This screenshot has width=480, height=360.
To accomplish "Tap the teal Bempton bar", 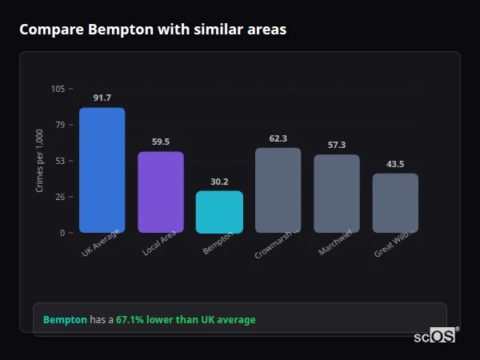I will point(219,212).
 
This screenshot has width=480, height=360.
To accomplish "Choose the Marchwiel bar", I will point(336,194).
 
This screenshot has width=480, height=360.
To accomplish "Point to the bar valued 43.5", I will point(395,203).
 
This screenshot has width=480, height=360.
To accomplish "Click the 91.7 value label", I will point(102,98).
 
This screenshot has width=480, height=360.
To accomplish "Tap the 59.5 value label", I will point(160,142).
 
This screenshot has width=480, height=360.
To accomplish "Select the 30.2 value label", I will point(219,182).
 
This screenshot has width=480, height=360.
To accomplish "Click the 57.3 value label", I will point(336,145).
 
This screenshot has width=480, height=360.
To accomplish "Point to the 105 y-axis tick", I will point(58,89).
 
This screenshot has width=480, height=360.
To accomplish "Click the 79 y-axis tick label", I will point(60,125).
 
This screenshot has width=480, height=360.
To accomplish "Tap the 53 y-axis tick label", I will point(60,161).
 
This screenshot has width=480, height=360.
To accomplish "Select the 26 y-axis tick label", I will point(60,197).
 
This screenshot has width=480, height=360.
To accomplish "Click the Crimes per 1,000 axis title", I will point(40,161).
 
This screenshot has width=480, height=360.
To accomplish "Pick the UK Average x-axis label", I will point(101,243).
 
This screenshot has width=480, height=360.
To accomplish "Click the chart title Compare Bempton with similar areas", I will point(153,30).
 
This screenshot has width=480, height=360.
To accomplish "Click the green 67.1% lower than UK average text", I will point(186,320).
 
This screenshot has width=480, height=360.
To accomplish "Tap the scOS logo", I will point(434,336).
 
